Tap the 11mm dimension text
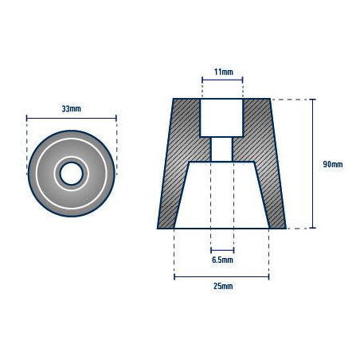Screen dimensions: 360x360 click(x=222, y=72)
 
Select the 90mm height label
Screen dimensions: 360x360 click(x=332, y=164)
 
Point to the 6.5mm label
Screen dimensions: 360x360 click(x=222, y=260)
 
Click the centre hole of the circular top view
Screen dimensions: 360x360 click(x=72, y=173)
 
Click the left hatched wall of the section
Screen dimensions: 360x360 click(x=180, y=167)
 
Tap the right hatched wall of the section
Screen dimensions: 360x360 click(x=264, y=167)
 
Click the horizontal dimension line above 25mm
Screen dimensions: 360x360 click(x=222, y=277)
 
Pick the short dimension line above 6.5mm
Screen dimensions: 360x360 click(x=222, y=250)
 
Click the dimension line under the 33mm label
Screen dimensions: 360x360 click(x=71, y=117)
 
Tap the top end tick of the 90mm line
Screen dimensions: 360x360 click(x=312, y=99)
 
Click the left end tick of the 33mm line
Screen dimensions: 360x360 click(x=27, y=117)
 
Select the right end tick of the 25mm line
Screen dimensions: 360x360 click(x=269, y=277)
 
